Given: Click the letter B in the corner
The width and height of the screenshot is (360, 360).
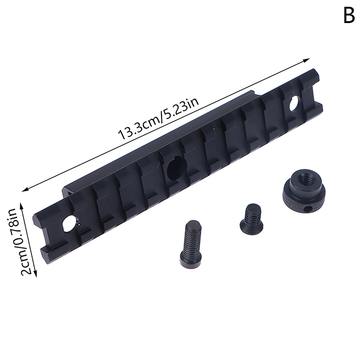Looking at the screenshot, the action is pos(349,16).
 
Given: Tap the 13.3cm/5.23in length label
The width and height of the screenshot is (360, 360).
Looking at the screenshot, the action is pos(158,119).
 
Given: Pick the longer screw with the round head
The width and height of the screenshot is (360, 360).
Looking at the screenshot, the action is pos(191,244).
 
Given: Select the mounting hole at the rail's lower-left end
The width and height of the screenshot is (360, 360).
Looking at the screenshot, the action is pos(69,223).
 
